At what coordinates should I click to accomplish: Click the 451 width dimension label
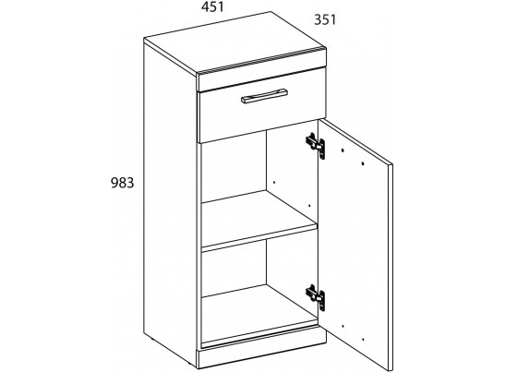click(x=212, y=6)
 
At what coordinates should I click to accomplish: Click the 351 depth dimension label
click(x=325, y=20)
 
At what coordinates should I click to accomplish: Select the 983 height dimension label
click(x=122, y=183)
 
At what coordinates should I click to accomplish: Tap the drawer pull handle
click(x=264, y=96)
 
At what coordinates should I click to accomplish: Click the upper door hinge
click(x=316, y=146)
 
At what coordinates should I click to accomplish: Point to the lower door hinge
click(x=316, y=297)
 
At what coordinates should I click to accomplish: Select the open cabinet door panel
click(x=355, y=245)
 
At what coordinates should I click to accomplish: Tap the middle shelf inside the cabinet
click(x=259, y=222)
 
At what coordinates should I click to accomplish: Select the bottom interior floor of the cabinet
click(x=259, y=312)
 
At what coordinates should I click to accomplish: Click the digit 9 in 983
click(x=114, y=183)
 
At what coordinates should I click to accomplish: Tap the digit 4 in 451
click(x=205, y=7)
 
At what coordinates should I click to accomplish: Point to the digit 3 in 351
click(x=318, y=20)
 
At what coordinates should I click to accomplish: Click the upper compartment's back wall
click(x=234, y=167)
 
